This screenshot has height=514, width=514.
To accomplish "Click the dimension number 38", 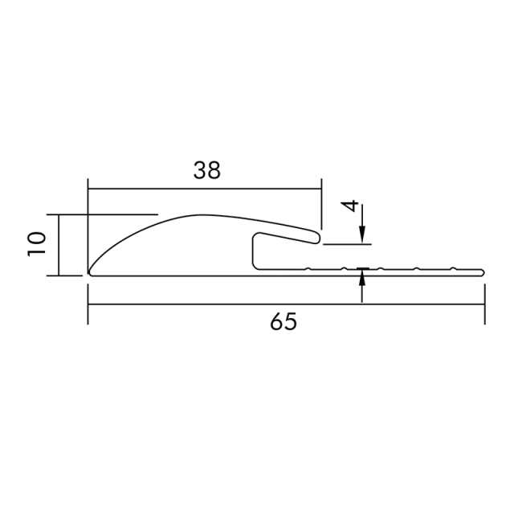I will [x=207, y=170].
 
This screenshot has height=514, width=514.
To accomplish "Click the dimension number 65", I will [x=284, y=322].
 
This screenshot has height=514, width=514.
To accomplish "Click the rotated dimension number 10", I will [x=35, y=243].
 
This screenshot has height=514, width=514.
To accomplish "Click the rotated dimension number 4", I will [x=349, y=206].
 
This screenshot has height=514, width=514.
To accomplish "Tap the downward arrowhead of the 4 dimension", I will [x=362, y=234].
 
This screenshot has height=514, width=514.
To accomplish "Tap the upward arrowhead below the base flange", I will [x=362, y=279].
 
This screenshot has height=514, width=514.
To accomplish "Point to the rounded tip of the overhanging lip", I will [x=320, y=237].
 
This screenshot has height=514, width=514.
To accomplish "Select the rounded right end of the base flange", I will [x=483, y=271].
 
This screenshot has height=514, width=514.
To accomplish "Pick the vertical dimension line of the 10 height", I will [x=60, y=245].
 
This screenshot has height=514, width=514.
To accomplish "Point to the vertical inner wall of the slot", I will [x=254, y=251].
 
